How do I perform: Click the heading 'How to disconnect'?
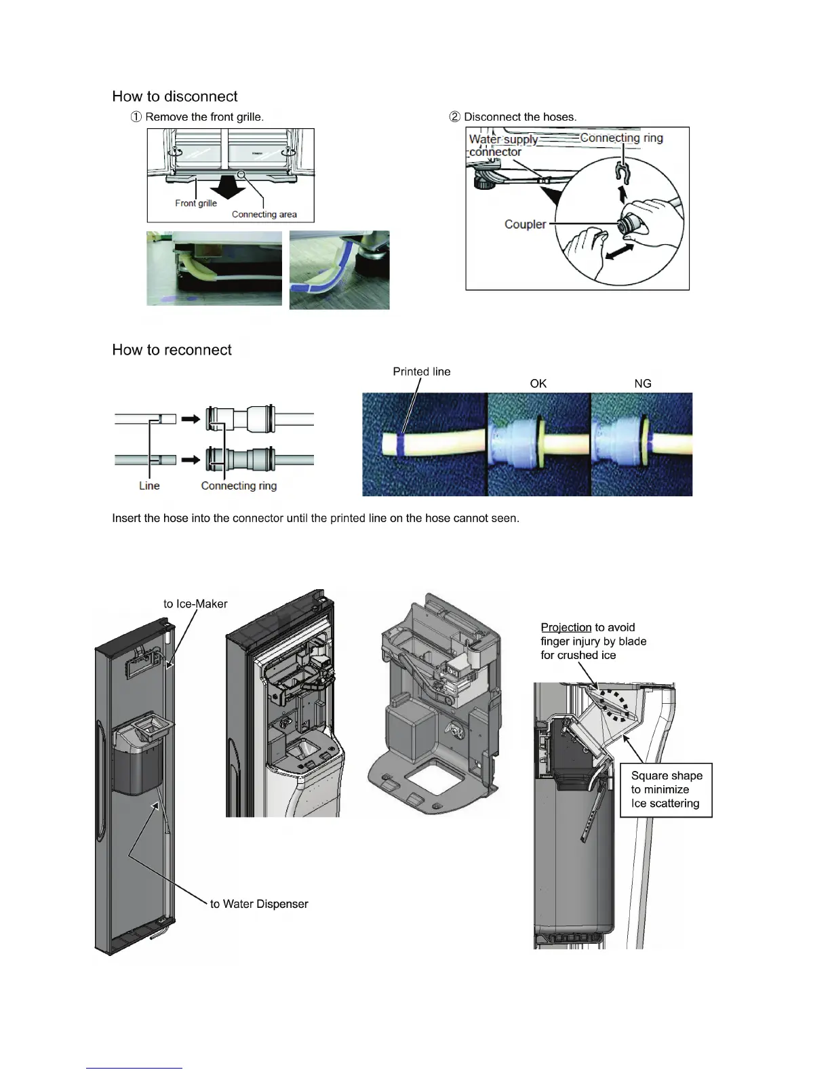coord(175,96)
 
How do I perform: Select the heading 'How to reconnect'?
coord(172,350)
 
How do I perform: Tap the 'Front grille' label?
coord(196,203)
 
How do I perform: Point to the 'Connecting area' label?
coord(264,214)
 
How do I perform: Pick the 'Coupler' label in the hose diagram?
coord(525,224)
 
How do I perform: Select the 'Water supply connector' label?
coord(502,145)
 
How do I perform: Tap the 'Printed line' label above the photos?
coord(421,372)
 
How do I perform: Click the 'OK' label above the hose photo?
coord(538,384)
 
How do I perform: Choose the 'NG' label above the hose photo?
coord(642,384)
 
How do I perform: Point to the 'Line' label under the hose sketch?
coord(149,485)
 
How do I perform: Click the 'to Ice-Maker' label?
coord(195,603)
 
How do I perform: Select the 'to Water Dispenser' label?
coord(259,904)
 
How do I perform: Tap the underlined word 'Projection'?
coord(566,627)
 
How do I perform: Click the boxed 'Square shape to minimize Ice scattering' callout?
coord(666,789)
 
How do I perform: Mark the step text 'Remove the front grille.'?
coord(204,117)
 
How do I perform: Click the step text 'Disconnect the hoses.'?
coord(520,117)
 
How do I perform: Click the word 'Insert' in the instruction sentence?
coord(127,518)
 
